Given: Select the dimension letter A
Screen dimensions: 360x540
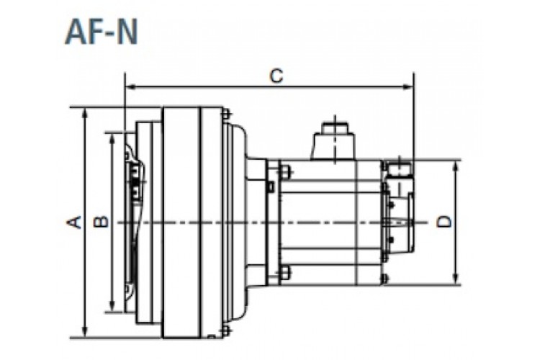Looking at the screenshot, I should [x=73, y=222].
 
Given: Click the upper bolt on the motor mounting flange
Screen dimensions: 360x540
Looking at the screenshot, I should [x=284, y=171].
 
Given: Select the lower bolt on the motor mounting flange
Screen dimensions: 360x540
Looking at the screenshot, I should [x=284, y=272].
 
